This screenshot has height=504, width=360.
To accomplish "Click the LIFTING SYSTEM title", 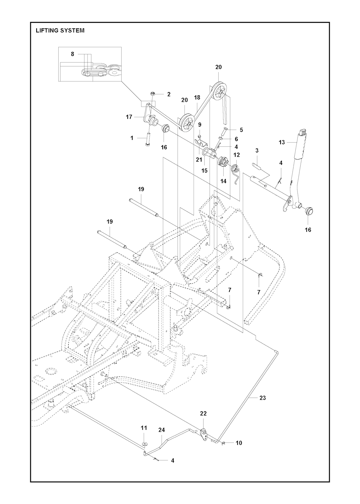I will [x=60, y=31].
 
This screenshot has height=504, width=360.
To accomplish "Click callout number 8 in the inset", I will [x=72, y=54].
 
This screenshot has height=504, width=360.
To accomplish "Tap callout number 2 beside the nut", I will [x=169, y=94].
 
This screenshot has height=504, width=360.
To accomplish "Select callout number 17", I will [x=129, y=117].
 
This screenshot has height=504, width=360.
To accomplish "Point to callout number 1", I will [x=132, y=138].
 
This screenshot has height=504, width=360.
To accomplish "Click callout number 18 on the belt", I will [x=197, y=97].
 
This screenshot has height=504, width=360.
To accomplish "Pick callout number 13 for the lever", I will [x=282, y=142].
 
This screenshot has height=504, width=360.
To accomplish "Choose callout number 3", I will [x=257, y=150].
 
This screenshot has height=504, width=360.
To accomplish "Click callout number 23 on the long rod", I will [x=262, y=398].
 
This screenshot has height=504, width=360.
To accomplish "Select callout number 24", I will [x=161, y=430].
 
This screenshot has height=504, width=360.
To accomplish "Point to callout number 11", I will [x=144, y=428].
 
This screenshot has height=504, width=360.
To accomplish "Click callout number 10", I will [x=239, y=443].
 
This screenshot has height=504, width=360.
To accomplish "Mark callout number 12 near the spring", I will [x=236, y=155].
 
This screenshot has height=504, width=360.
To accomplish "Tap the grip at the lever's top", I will [x=302, y=133].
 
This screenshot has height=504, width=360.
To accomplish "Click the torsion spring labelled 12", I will [x=236, y=167].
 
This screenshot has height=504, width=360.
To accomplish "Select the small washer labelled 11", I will [x=144, y=444].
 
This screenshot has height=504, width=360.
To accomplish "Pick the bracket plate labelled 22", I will [x=203, y=433].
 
